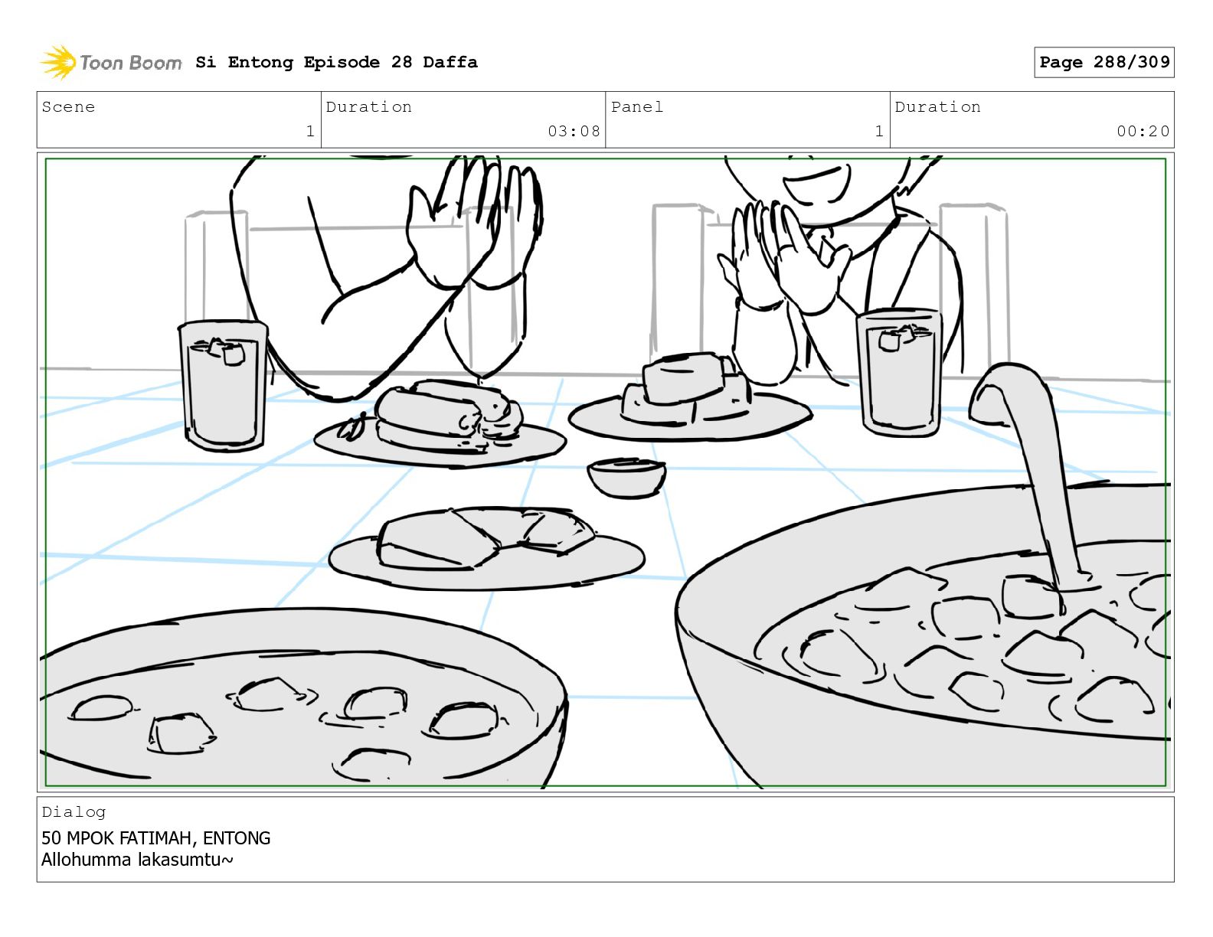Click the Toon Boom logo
point(110,62)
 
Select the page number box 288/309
point(1103,62)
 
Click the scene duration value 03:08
point(574,131)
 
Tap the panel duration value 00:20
point(1142,131)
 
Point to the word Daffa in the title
point(450,62)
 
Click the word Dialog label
point(74,812)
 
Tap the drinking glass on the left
point(224,385)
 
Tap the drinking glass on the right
point(899,373)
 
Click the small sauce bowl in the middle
point(626,478)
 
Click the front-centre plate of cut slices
point(487,550)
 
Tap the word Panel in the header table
point(637,106)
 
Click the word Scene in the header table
point(68,106)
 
